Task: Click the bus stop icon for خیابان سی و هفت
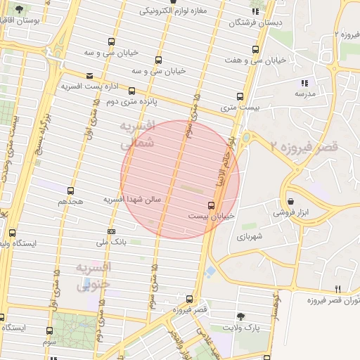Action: click(x=255, y=50)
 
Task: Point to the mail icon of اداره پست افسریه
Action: click(x=89, y=76)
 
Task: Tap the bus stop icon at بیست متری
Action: click(x=240, y=96)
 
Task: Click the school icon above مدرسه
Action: click(x=304, y=82)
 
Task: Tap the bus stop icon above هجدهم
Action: click(x=70, y=191)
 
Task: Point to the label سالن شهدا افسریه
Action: click(x=133, y=200)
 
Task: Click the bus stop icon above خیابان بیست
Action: click(x=211, y=205)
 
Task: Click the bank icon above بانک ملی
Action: click(x=111, y=231)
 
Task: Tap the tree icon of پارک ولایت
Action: click(x=242, y=317)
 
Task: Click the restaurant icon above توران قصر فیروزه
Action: click(x=338, y=289)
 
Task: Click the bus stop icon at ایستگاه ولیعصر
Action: click(x=12, y=233)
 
